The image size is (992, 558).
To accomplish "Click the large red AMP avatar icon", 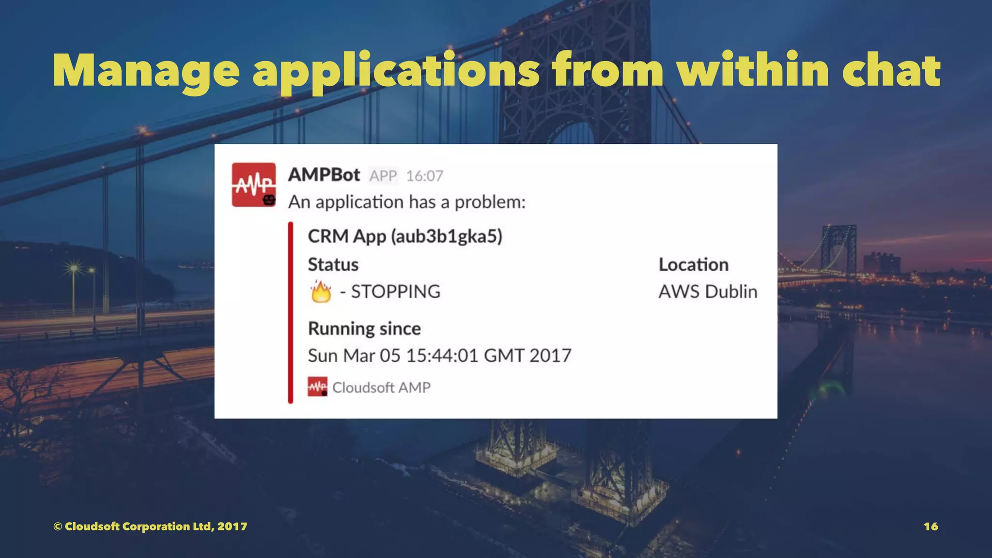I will [254, 185].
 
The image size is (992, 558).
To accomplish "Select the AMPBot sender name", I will [324, 175].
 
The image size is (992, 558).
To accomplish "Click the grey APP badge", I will [383, 176].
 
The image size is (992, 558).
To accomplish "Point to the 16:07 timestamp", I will [424, 176].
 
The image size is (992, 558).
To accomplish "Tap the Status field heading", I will [333, 264].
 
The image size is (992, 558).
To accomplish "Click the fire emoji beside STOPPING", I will [321, 292].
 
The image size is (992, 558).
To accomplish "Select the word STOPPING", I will [396, 292].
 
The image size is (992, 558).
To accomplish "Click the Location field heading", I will [693, 264].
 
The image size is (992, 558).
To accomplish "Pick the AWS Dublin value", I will [708, 292].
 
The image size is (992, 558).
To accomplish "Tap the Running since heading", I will [364, 328].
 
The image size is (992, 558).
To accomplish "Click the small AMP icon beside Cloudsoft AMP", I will [317, 387].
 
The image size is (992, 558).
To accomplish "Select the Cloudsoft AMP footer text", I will [381, 387].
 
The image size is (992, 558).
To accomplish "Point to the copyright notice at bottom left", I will [150, 527].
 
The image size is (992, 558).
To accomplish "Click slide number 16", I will [930, 527].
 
